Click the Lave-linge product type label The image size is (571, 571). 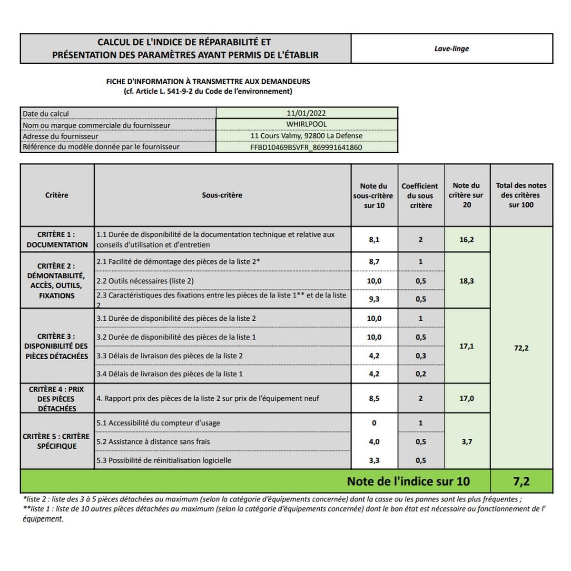click(x=451, y=49)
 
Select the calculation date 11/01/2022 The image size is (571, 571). click(x=306, y=113)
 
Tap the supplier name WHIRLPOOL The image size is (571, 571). click(x=306, y=124)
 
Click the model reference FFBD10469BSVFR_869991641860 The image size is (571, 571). click(x=306, y=148)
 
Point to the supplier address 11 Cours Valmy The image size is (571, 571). click(x=306, y=136)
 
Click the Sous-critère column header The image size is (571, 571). click(x=222, y=195)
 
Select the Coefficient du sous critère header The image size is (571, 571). click(x=420, y=196)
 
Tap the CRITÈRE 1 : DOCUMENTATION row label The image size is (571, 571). click(x=57, y=239)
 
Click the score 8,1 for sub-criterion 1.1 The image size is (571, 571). click(x=374, y=240)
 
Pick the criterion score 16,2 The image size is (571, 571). click(x=466, y=240)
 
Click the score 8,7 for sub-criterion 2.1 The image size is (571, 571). click(x=374, y=262)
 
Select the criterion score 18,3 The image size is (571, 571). click(x=466, y=281)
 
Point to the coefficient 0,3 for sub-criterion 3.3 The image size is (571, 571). click(x=421, y=356)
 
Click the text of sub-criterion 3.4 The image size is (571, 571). click(x=169, y=374)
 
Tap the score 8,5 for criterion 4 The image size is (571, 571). click(x=374, y=399)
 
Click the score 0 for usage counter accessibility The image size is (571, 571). click(x=374, y=423)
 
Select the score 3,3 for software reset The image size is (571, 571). click(x=374, y=461)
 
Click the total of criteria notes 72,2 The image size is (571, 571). click(x=521, y=348)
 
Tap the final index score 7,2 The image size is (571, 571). click(x=521, y=482)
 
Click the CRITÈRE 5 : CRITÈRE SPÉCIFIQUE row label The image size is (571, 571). click(x=56, y=441)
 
